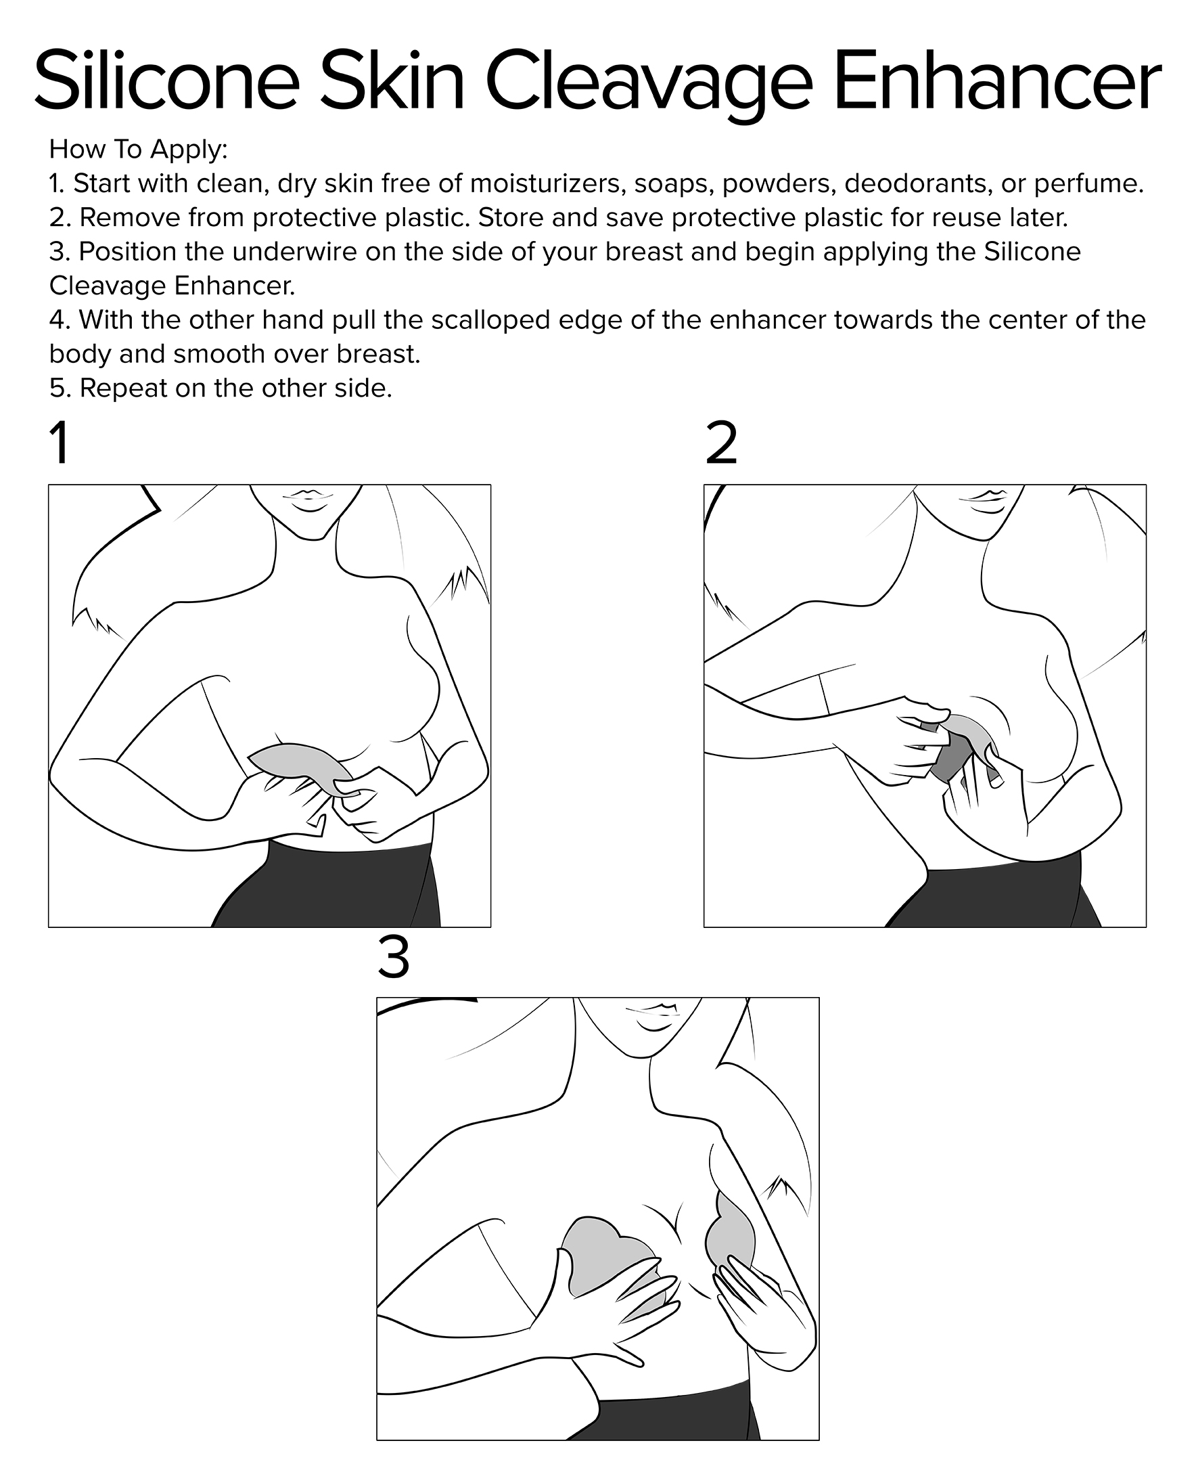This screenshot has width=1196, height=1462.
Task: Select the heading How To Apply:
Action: tap(138, 149)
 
